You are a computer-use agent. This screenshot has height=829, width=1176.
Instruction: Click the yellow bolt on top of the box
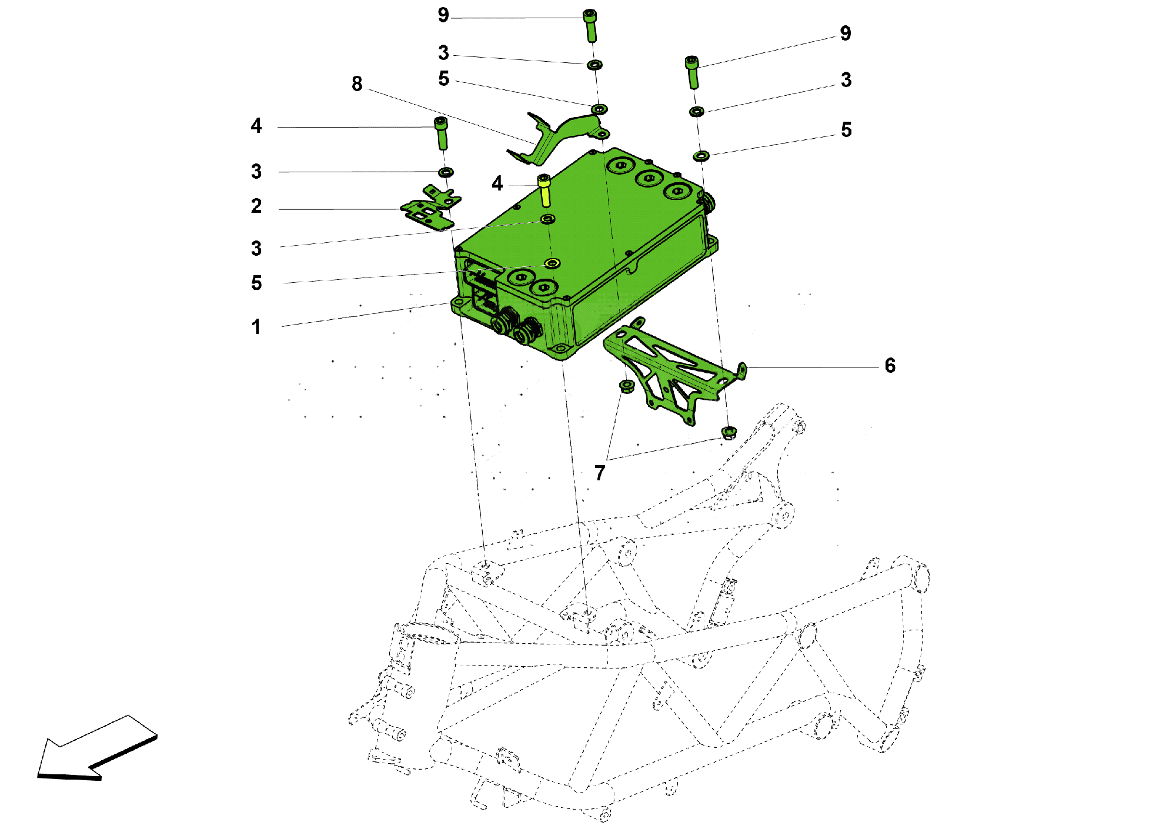point(544,190)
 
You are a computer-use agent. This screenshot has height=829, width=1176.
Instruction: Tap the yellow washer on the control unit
point(552,263)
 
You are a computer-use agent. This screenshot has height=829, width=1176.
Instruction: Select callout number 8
point(357,84)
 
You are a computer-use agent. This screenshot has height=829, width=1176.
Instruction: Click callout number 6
point(890,366)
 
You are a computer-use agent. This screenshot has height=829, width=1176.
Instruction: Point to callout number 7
point(600,473)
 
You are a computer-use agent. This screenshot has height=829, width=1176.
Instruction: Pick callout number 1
point(256,327)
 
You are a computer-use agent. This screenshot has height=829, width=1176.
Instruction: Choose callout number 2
point(256,206)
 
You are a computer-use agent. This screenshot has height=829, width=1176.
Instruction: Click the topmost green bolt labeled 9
point(590,25)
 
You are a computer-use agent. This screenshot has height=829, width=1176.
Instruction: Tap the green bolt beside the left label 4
point(441,133)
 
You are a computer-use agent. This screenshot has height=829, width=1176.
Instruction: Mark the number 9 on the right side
point(845,34)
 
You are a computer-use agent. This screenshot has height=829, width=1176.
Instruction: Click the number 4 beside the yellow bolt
point(497,183)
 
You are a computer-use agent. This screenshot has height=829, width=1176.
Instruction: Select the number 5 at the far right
point(846,130)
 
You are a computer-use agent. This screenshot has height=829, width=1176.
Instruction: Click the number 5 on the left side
point(256,283)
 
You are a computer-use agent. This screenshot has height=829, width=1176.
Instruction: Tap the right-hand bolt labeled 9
point(693,72)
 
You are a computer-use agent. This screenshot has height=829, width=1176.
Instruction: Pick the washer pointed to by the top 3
point(594,65)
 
